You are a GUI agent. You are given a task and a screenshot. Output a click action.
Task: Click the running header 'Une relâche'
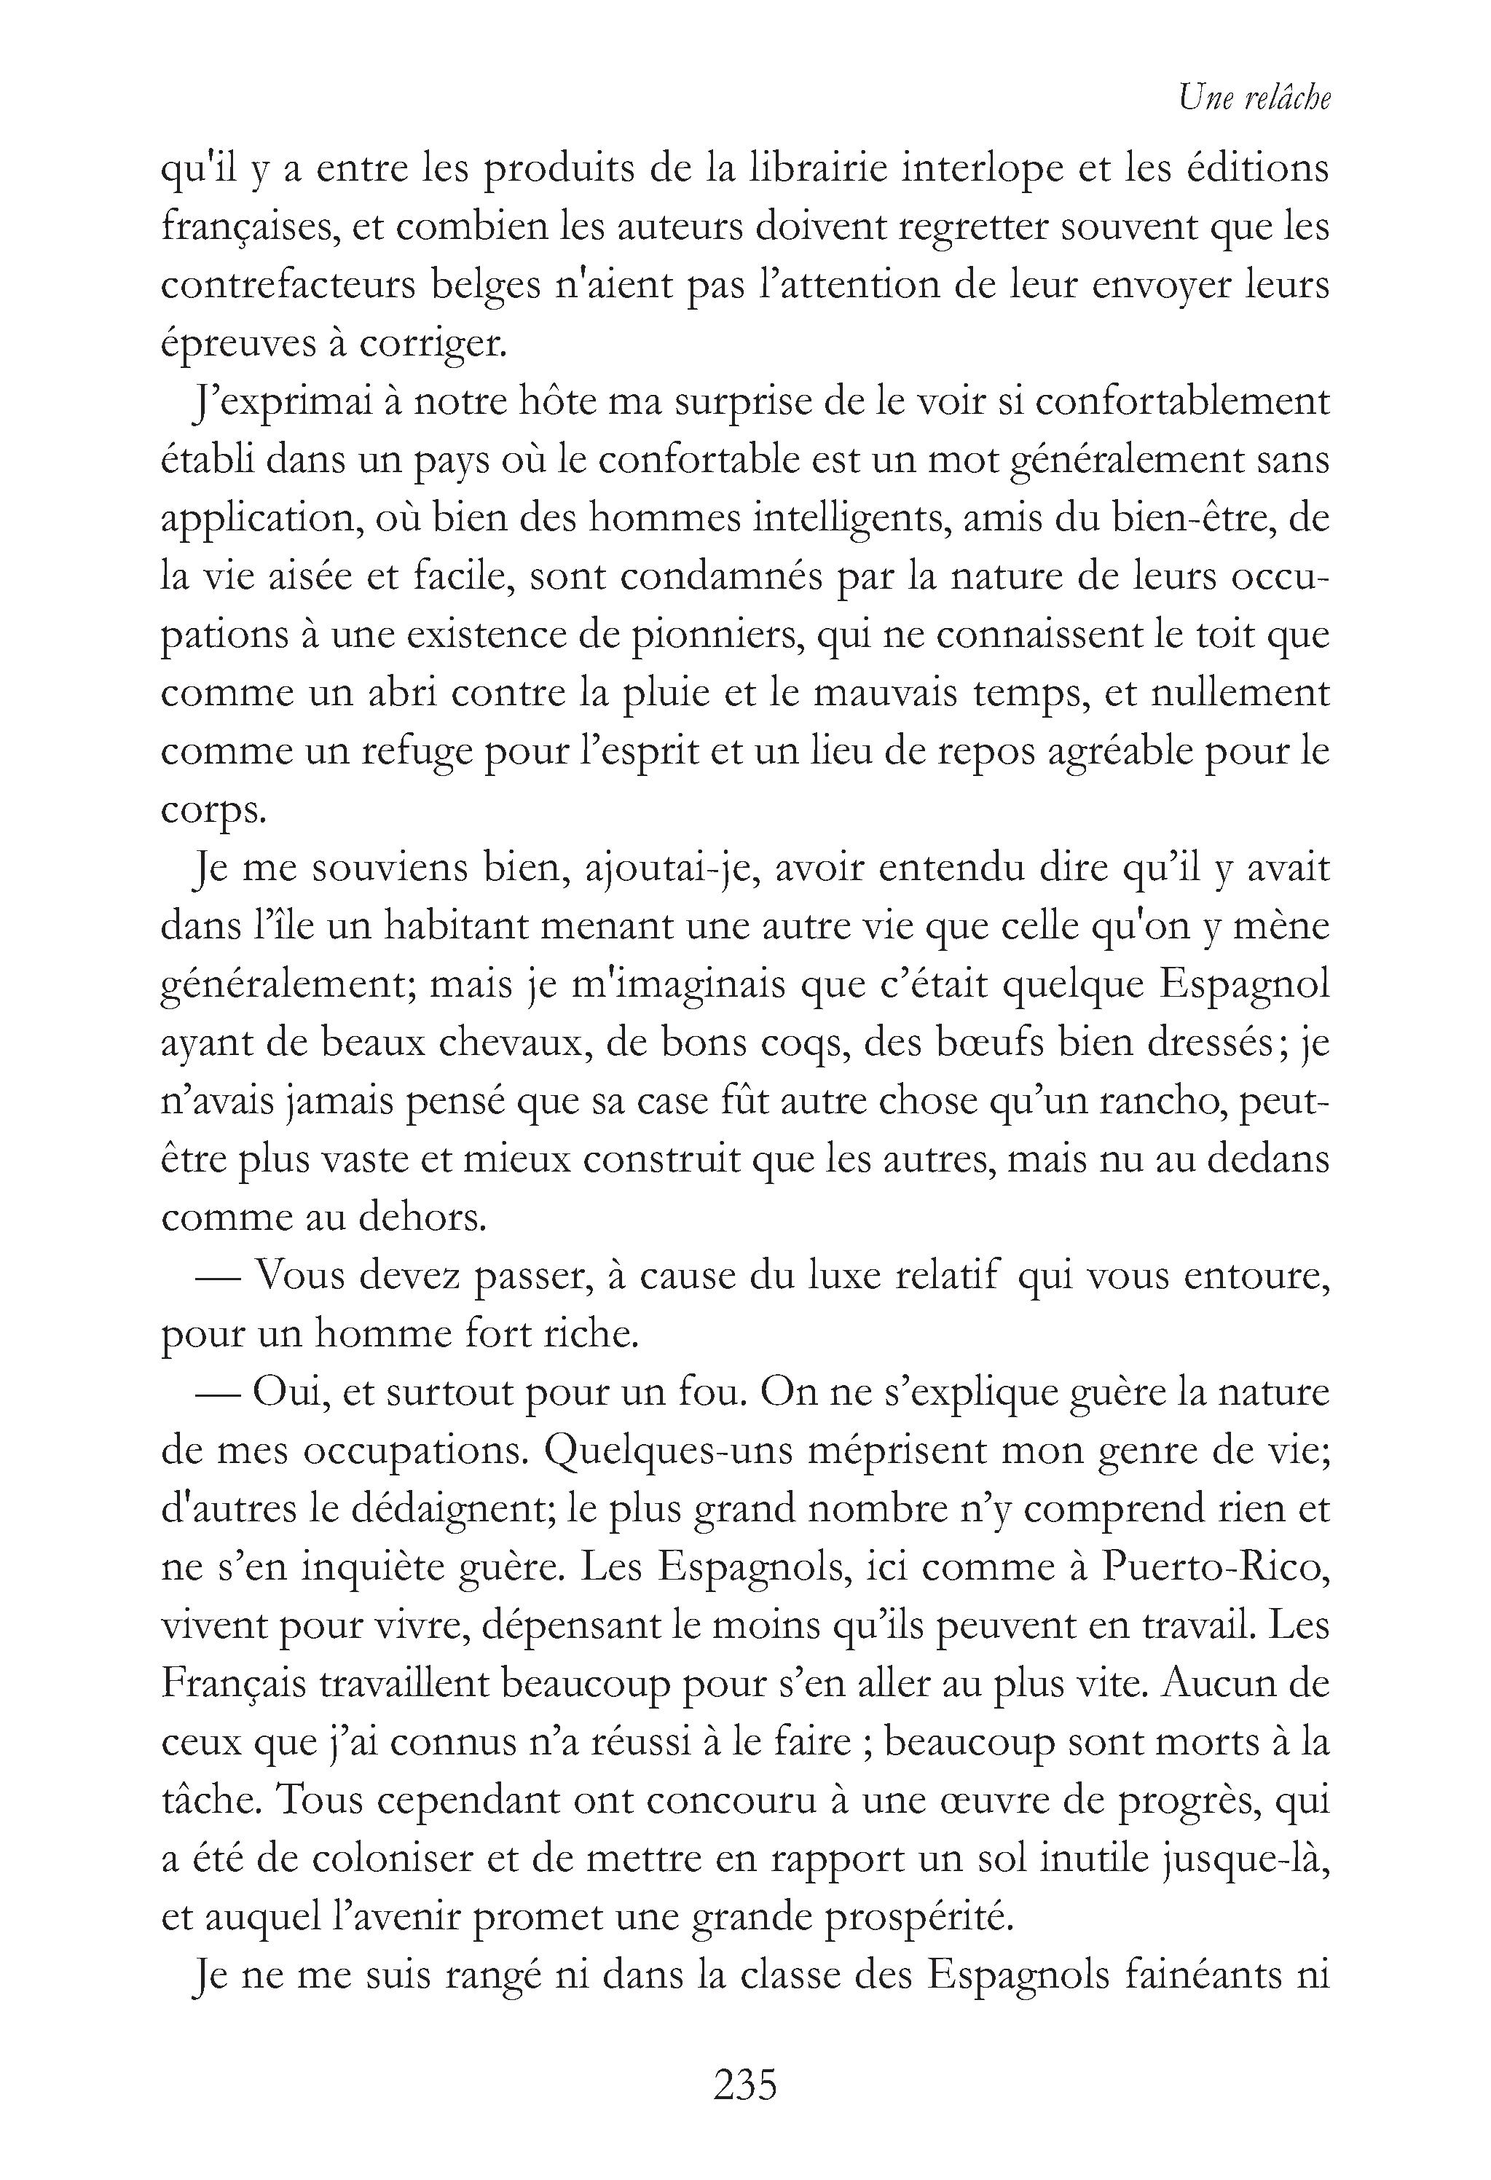(1255, 98)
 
